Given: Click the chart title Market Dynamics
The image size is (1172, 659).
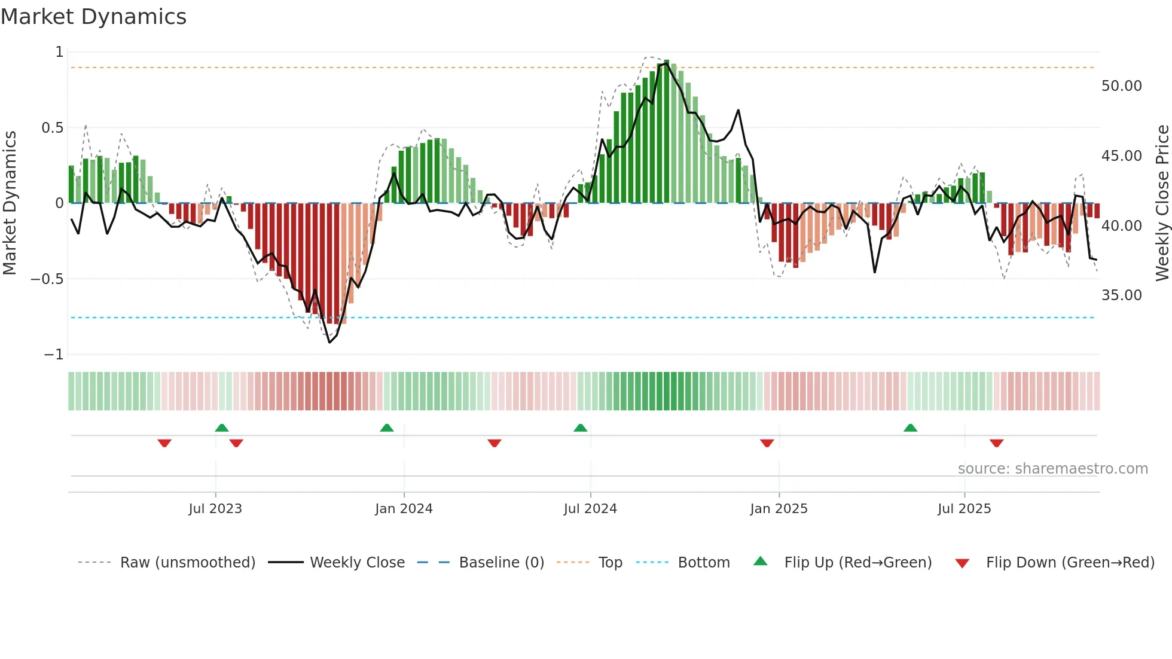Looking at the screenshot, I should pos(93,17).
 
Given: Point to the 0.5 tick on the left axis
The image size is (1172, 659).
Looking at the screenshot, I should pos(52,128).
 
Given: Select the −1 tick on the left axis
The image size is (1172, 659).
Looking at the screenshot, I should pos(54,355).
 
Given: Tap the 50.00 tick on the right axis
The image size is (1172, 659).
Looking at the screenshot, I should pos(1121,86).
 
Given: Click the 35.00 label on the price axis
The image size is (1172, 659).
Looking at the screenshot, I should pos(1121,295).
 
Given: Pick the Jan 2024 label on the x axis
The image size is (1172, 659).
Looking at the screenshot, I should pos(404,509).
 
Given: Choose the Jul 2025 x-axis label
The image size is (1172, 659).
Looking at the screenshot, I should pos(964,509).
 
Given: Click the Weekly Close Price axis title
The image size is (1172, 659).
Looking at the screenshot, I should pos(1162,203).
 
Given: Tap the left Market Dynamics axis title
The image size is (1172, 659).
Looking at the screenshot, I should pos(10,203).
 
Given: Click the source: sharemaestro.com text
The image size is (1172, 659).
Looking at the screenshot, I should pos(1052,469).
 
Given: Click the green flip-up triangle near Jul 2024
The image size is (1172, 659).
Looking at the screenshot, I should pos(580,428).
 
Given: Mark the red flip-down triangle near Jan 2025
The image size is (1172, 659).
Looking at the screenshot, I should pos(767,443).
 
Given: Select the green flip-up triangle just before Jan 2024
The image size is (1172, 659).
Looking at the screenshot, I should pos(387,428).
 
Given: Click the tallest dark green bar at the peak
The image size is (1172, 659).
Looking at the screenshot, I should pos(667,132).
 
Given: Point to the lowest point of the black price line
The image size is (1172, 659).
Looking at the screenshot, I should pos(329,342).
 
